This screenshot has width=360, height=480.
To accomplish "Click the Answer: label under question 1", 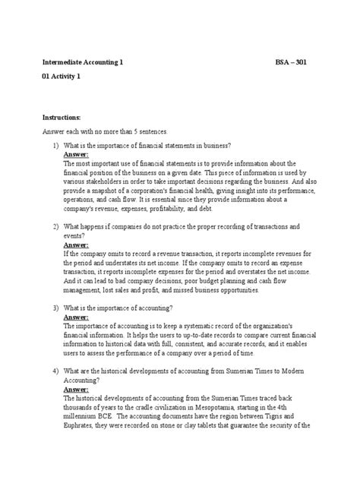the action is [76, 154].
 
